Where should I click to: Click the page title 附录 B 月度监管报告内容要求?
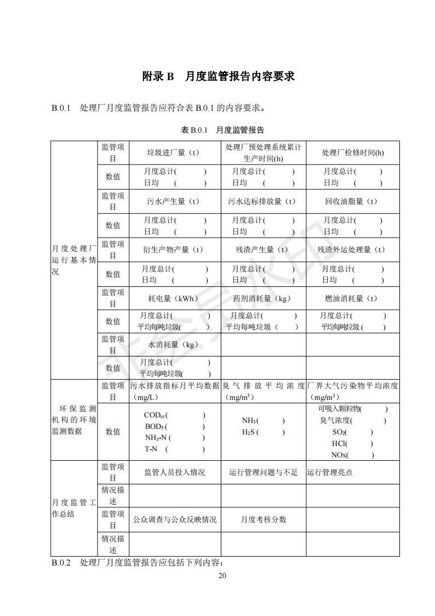[218, 76]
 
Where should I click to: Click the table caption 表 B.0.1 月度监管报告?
[222, 130]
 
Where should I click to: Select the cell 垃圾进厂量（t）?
[173, 152]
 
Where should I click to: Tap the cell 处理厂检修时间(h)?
[352, 152]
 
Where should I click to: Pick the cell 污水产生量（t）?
[173, 201]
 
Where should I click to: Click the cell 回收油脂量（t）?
[351, 201]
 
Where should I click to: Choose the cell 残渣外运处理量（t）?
[351, 250]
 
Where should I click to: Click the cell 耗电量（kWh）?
[173, 298]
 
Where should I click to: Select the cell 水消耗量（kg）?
[173, 345]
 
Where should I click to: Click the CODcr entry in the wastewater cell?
[156, 415]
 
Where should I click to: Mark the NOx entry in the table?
[340, 455]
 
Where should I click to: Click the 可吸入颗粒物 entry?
[340, 409]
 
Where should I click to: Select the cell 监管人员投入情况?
[174, 472]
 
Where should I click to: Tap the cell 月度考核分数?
[263, 519]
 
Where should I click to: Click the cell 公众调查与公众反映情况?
[174, 519]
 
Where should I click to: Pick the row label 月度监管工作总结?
[73, 508]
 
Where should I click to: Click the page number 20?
[222, 575]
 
